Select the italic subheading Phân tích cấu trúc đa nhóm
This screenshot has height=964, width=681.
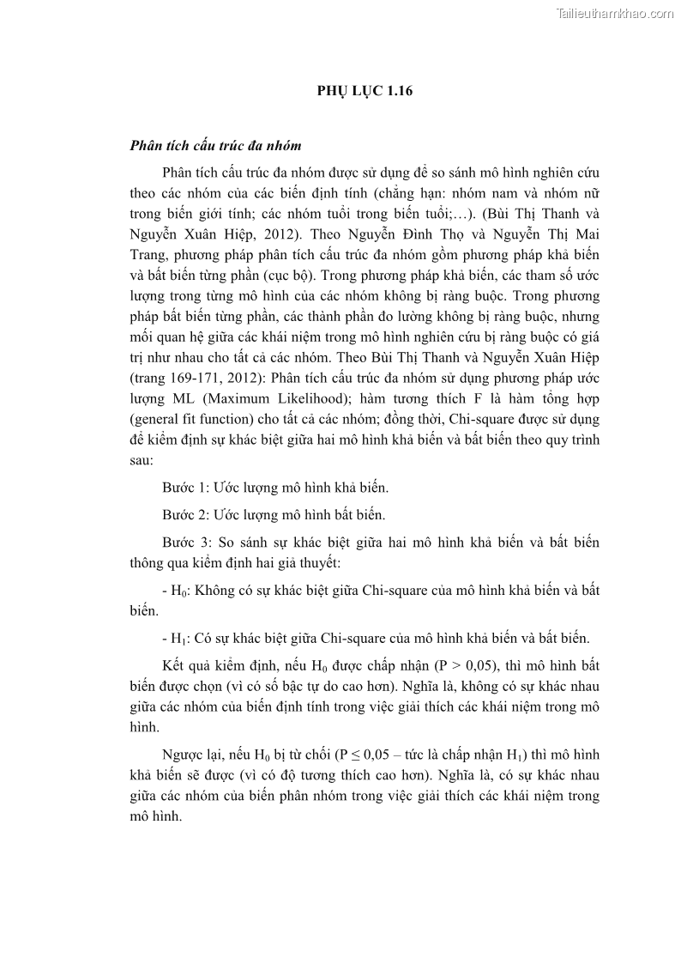click(x=214, y=146)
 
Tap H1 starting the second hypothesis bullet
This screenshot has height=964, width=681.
click(x=176, y=638)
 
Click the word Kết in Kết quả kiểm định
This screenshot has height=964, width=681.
click(x=172, y=665)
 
